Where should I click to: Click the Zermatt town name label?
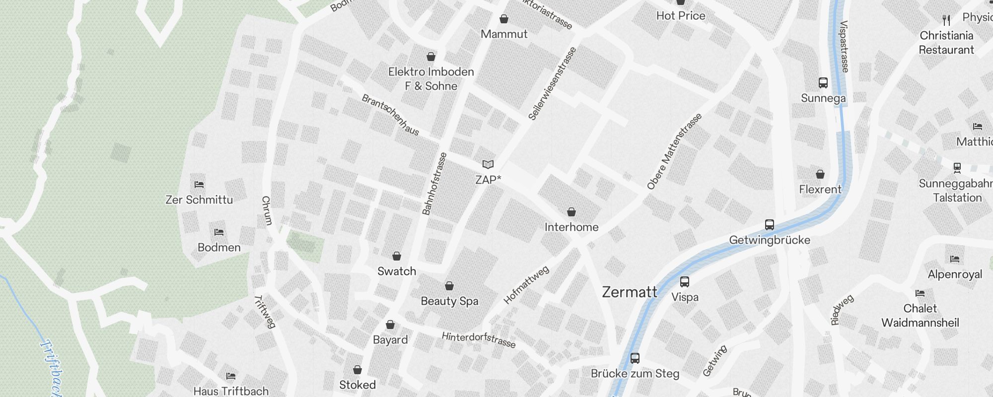(630, 292)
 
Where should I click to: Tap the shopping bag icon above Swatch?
(397, 256)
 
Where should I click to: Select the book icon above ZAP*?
(488, 164)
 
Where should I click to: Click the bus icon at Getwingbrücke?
(770, 225)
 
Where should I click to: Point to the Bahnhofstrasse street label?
(434, 184)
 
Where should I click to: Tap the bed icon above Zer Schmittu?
(199, 185)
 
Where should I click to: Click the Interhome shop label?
(571, 227)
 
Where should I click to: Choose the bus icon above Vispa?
(685, 282)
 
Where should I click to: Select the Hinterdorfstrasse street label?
(479, 340)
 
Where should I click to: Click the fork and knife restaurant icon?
(946, 20)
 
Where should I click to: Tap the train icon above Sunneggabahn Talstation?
(957, 168)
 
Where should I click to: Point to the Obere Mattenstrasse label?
(675, 151)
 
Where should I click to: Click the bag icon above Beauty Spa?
(449, 286)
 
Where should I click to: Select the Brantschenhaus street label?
(390, 115)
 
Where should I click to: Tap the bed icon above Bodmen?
(219, 232)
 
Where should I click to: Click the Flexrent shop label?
(820, 190)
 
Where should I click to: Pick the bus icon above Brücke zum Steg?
(635, 358)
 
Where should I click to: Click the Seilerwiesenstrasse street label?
(552, 83)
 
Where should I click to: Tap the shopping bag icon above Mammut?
(504, 19)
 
